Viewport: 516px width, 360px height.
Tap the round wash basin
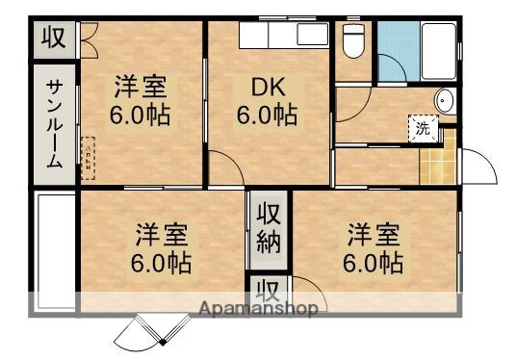point(444,100)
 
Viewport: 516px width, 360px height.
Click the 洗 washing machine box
point(423,127)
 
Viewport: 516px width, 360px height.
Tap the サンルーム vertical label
point(55,123)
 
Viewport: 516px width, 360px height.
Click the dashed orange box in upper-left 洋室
point(89,158)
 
